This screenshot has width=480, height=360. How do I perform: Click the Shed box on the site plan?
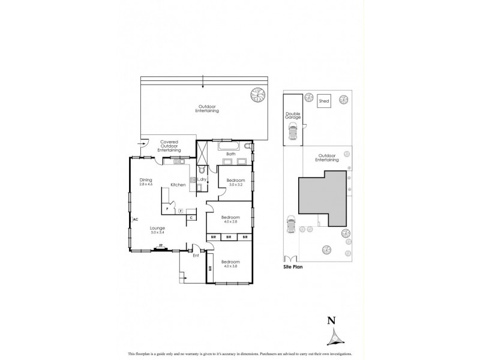coord(324,101)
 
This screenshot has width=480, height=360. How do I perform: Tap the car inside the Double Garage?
coord(293,134)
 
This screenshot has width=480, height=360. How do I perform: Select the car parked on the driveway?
coord(290,226)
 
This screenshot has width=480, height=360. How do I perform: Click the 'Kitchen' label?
coord(178,185)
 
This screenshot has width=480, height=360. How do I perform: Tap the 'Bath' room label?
coord(230,154)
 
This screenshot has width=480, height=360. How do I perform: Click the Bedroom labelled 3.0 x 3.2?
coord(235,182)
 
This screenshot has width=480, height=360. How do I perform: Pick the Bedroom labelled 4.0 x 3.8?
coord(230,263)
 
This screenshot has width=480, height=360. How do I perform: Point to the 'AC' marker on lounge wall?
coord(136,220)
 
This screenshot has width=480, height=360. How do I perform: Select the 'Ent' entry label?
coord(195,255)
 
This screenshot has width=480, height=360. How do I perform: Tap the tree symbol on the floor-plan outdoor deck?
coord(257,95)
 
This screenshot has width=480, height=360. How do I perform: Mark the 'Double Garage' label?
coord(293,116)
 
